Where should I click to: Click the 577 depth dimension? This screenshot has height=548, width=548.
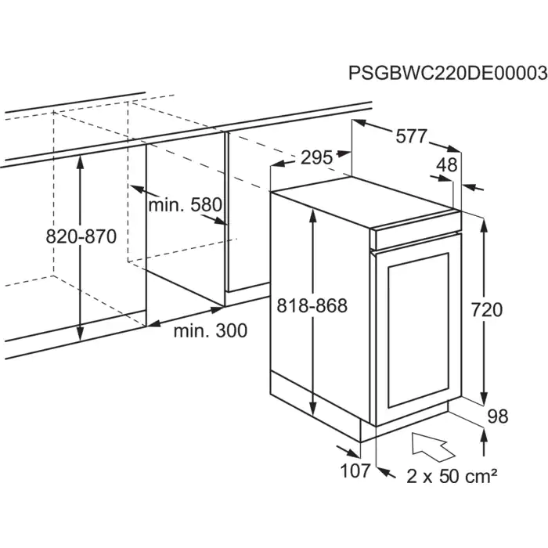(411, 136)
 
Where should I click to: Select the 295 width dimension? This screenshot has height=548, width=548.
(316, 157)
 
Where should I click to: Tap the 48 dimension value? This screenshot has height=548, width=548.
(447, 164)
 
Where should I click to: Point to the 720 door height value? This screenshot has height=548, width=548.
(486, 310)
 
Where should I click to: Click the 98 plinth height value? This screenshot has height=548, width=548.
(498, 416)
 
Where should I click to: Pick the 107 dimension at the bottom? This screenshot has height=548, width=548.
(355, 470)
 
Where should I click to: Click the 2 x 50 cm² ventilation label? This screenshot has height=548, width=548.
(452, 475)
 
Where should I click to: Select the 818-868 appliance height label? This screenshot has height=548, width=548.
(312, 306)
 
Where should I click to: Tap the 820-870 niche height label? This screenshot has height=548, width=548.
(81, 236)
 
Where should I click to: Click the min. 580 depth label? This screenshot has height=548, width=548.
(186, 205)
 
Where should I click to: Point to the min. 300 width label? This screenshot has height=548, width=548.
(211, 330)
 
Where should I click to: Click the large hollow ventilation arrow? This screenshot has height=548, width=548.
(434, 446)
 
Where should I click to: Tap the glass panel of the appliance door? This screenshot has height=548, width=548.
(418, 330)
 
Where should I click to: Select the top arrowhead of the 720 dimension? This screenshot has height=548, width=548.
(484, 225)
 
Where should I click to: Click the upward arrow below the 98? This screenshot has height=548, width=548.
(484, 442)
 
